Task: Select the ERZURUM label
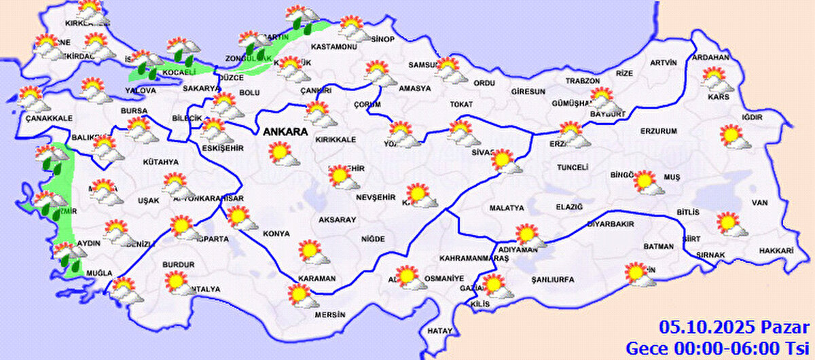659,130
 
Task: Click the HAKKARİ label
778,251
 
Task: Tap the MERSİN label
329,314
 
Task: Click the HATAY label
439,331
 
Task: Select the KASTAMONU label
333,47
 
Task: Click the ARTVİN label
663,62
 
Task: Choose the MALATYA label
506,207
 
